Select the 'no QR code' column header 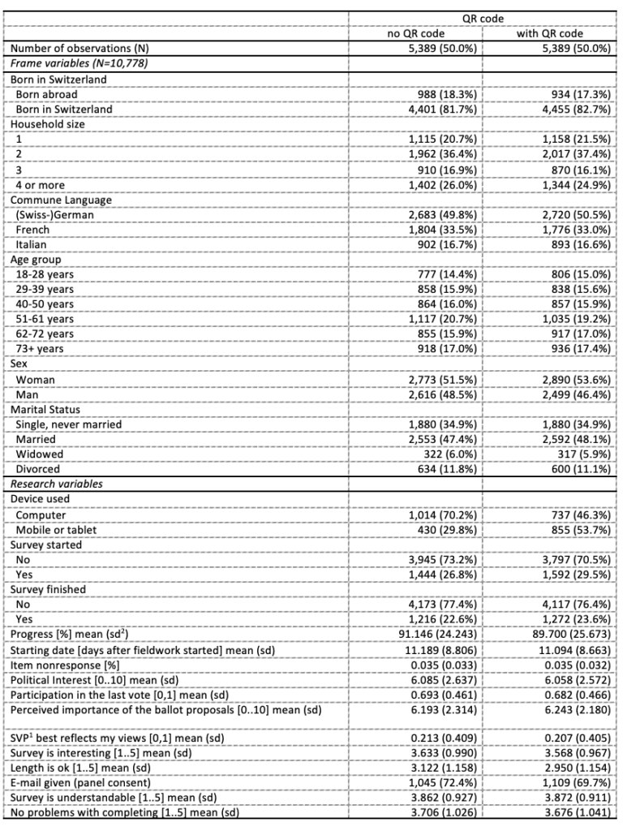click(414, 33)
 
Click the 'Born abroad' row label click(47, 94)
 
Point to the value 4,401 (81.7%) click(440, 109)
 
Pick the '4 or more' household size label click(45, 185)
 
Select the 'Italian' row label click(32, 244)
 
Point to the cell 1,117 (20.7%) click(440, 320)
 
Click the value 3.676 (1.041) click(575, 816)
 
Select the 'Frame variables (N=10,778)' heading click(79, 63)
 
